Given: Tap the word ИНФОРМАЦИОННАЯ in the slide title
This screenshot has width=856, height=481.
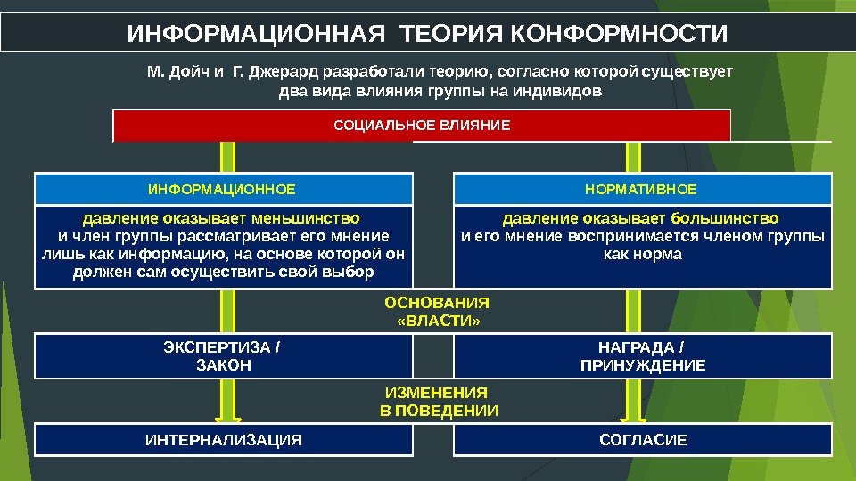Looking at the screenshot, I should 258,35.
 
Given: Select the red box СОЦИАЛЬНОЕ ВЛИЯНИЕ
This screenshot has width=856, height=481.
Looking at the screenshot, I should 422,126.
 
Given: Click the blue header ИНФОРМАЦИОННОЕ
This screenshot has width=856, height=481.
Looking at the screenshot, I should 223,190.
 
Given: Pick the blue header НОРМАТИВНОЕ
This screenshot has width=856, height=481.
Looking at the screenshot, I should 642,190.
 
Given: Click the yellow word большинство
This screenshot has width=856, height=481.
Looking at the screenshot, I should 725,218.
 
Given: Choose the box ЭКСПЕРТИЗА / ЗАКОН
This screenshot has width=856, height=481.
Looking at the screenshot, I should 223,355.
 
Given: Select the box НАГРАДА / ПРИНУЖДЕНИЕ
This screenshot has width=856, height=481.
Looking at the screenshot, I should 642,355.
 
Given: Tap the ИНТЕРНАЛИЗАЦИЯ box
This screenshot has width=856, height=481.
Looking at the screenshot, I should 223,440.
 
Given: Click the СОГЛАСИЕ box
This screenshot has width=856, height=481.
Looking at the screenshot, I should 642,440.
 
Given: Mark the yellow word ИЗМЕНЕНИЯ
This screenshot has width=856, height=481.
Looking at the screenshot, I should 436,392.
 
